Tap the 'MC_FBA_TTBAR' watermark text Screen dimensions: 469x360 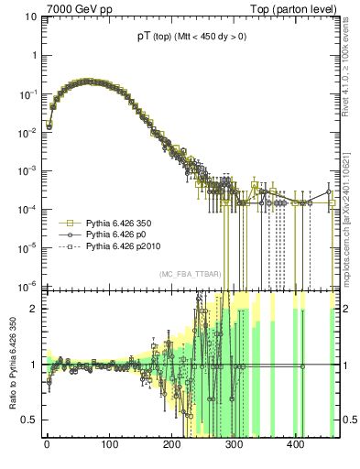tap(188, 274)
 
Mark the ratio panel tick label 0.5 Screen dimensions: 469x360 tap(27, 420)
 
